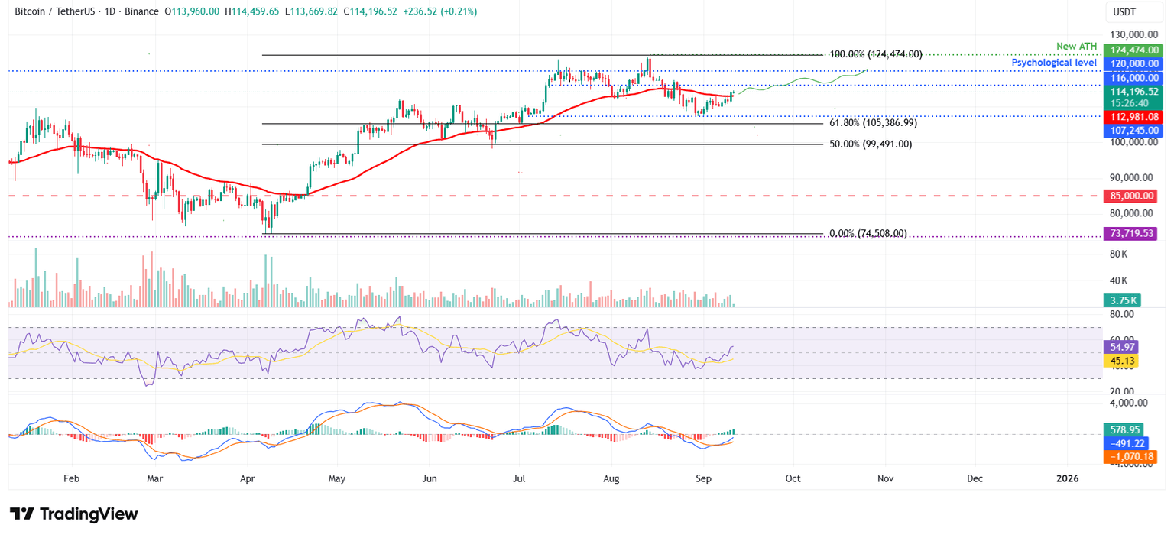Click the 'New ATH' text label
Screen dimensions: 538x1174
point(1076,47)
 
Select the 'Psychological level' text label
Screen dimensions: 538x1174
point(1054,63)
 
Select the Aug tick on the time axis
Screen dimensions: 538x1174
point(611,478)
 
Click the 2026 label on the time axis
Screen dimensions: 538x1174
point(1067,478)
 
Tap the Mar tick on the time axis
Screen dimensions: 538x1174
point(154,478)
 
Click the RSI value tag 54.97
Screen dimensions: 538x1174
point(1121,347)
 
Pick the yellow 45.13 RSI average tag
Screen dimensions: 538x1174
point(1121,361)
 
